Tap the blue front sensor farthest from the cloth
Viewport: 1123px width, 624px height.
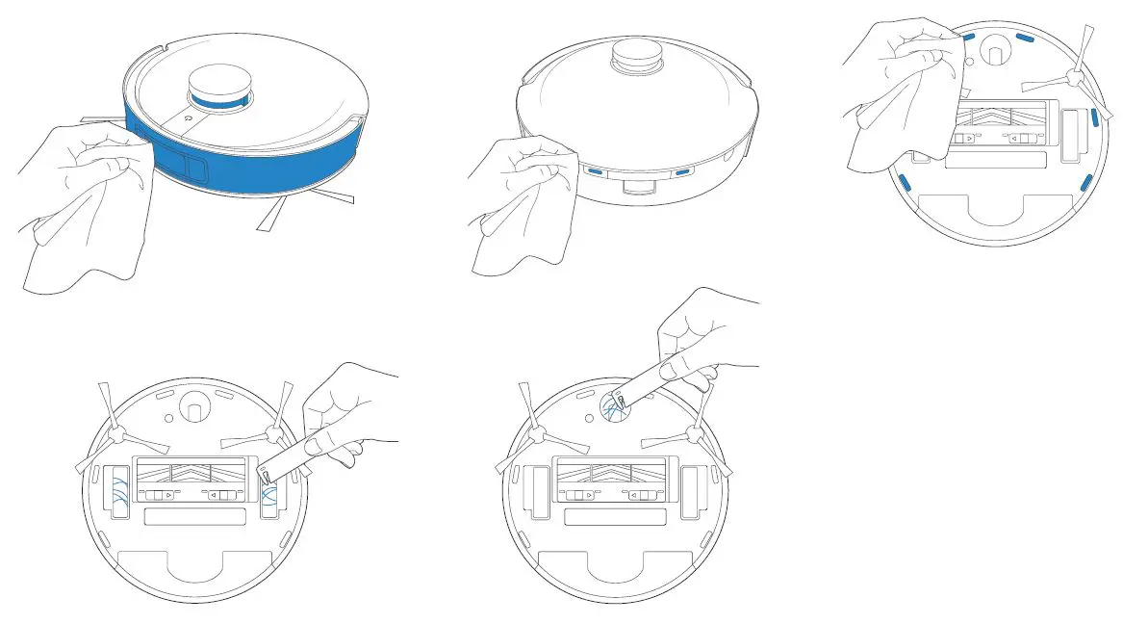(x=682, y=172)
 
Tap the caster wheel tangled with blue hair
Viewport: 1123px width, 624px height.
(x=613, y=410)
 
